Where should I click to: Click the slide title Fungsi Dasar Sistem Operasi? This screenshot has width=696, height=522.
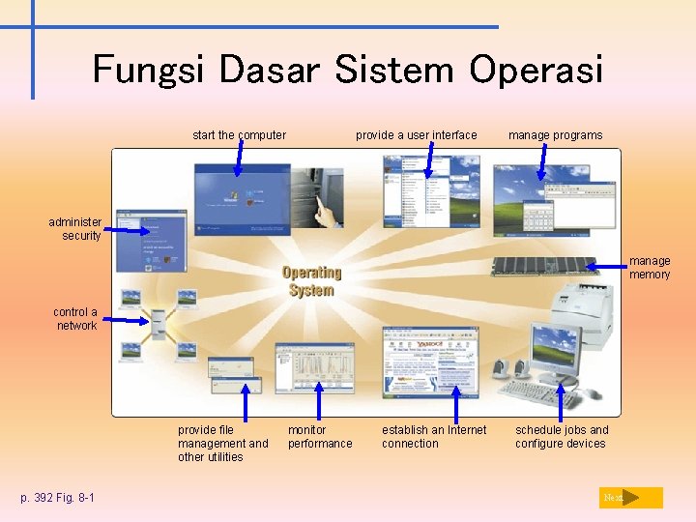coord(348,70)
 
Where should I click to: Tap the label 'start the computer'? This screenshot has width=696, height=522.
coord(239,135)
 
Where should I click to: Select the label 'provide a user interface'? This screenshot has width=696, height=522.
coord(416,135)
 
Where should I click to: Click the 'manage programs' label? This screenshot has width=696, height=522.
coord(555,135)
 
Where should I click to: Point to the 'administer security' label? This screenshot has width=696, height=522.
coord(75,229)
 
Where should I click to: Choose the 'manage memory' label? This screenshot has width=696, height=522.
coord(650,268)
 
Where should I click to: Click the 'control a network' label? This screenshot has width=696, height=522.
coord(75,319)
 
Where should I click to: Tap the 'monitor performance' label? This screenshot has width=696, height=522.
coord(320,437)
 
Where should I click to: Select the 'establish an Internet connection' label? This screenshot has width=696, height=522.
coord(434,437)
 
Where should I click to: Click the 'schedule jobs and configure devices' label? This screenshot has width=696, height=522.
coord(562,437)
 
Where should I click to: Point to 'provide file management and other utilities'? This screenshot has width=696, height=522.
coord(222,443)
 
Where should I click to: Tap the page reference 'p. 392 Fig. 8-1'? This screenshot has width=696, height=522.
coord(57,498)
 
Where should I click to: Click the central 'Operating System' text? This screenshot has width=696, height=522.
coord(311,281)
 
